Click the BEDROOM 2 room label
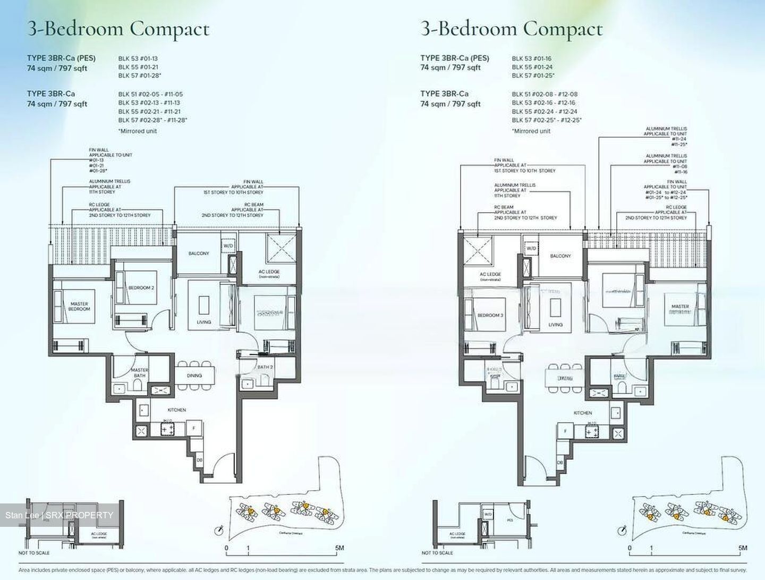(x=141, y=288)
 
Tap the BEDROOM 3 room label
(x=490, y=315)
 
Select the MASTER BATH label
(x=139, y=373)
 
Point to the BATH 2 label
(x=265, y=367)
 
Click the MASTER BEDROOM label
(x=79, y=306)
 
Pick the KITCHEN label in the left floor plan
(x=177, y=410)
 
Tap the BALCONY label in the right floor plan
(x=560, y=256)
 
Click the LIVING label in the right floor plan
(x=556, y=324)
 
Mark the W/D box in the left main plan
(x=228, y=246)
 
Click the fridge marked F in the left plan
(x=194, y=427)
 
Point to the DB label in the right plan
(x=560, y=463)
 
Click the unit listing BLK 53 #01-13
(x=138, y=58)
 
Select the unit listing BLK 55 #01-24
(x=532, y=67)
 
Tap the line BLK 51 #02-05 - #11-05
(x=150, y=94)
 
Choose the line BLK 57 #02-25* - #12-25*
(x=547, y=120)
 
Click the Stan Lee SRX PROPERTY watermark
(x=59, y=515)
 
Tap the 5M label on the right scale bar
(x=742, y=548)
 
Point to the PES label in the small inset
(x=509, y=520)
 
